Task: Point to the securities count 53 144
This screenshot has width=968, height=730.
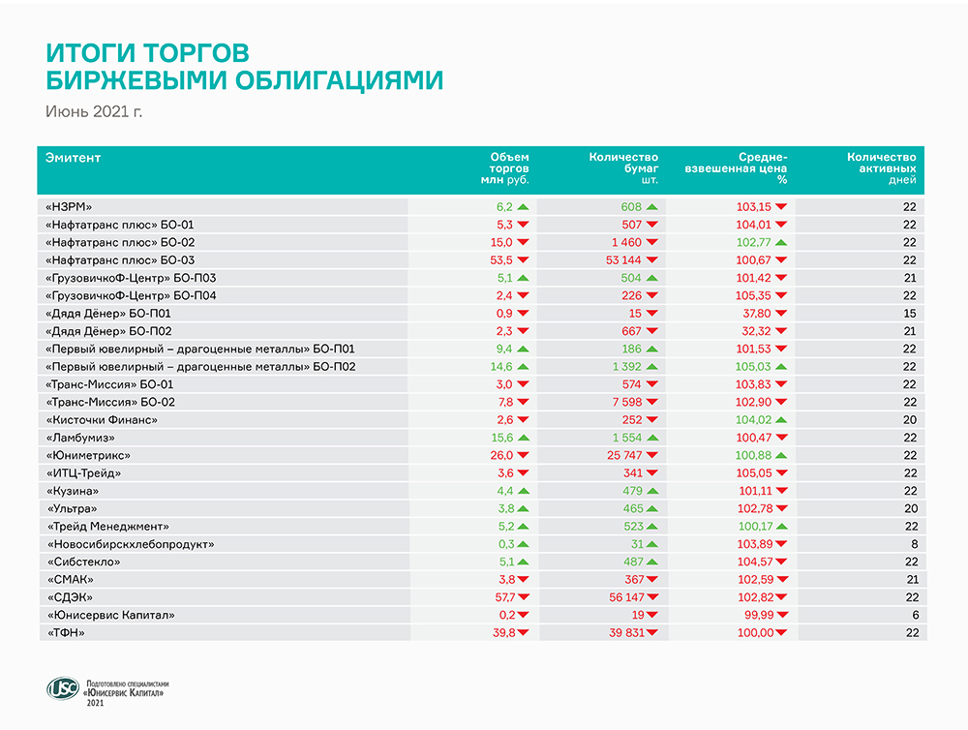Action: tap(623, 260)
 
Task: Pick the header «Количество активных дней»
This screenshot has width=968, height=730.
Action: tap(881, 168)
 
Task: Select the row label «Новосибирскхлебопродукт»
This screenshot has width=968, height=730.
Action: tap(130, 544)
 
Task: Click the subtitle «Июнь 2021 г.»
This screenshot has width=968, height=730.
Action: tap(94, 112)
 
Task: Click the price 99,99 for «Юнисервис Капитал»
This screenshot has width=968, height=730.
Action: tap(755, 616)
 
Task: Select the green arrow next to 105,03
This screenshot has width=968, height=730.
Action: tap(780, 367)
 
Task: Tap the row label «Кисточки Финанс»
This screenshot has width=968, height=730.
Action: tap(101, 420)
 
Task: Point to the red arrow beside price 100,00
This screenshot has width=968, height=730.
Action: tap(780, 633)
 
